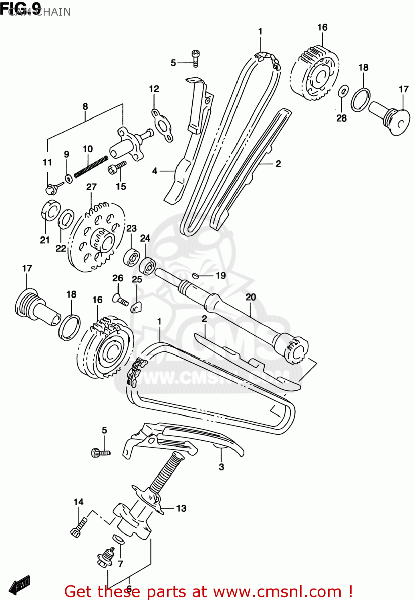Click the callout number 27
(x=91, y=187)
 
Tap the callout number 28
(x=341, y=118)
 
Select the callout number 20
(x=251, y=297)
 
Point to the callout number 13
(x=181, y=508)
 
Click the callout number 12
(x=154, y=89)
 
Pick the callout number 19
(x=221, y=276)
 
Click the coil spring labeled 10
(x=91, y=166)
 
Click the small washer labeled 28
(x=343, y=91)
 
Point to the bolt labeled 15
(x=117, y=167)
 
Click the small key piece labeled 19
(x=195, y=275)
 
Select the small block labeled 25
(x=136, y=307)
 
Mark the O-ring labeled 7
(x=119, y=539)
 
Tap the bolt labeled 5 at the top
(x=195, y=58)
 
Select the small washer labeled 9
(x=69, y=177)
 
